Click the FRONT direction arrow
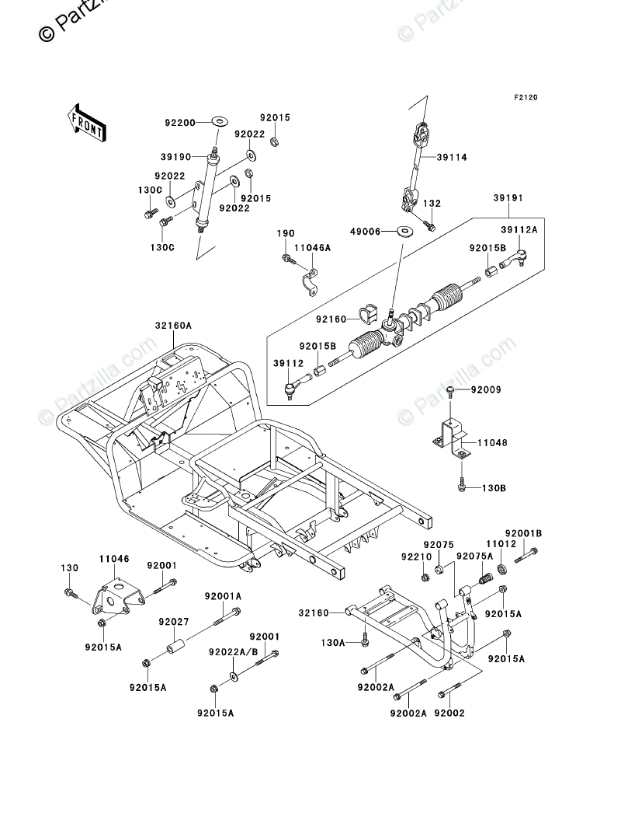tap(86, 122)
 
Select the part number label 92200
tap(179, 122)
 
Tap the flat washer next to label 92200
tap(219, 120)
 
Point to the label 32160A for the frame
tap(173, 326)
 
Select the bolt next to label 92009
tap(449, 389)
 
